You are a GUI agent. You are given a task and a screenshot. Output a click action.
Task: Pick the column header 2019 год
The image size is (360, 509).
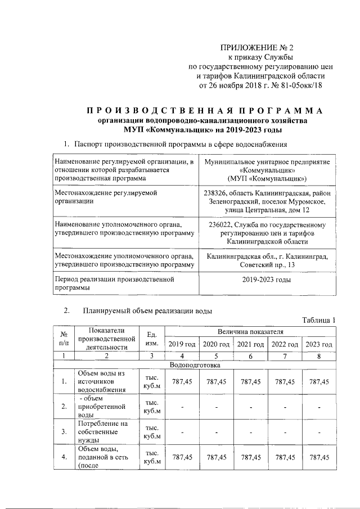tap(182, 344)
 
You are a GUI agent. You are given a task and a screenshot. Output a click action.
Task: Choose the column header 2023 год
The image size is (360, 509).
tap(319, 344)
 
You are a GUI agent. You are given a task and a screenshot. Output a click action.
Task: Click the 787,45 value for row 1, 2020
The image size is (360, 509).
tap(216, 381)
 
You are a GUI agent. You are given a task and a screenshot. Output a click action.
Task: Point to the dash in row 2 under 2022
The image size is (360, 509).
tap(285, 407)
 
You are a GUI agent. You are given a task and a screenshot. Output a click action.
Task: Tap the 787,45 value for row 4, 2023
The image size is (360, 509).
tap(319, 457)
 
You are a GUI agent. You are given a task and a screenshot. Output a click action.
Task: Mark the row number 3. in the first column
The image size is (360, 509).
tap(64, 431)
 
